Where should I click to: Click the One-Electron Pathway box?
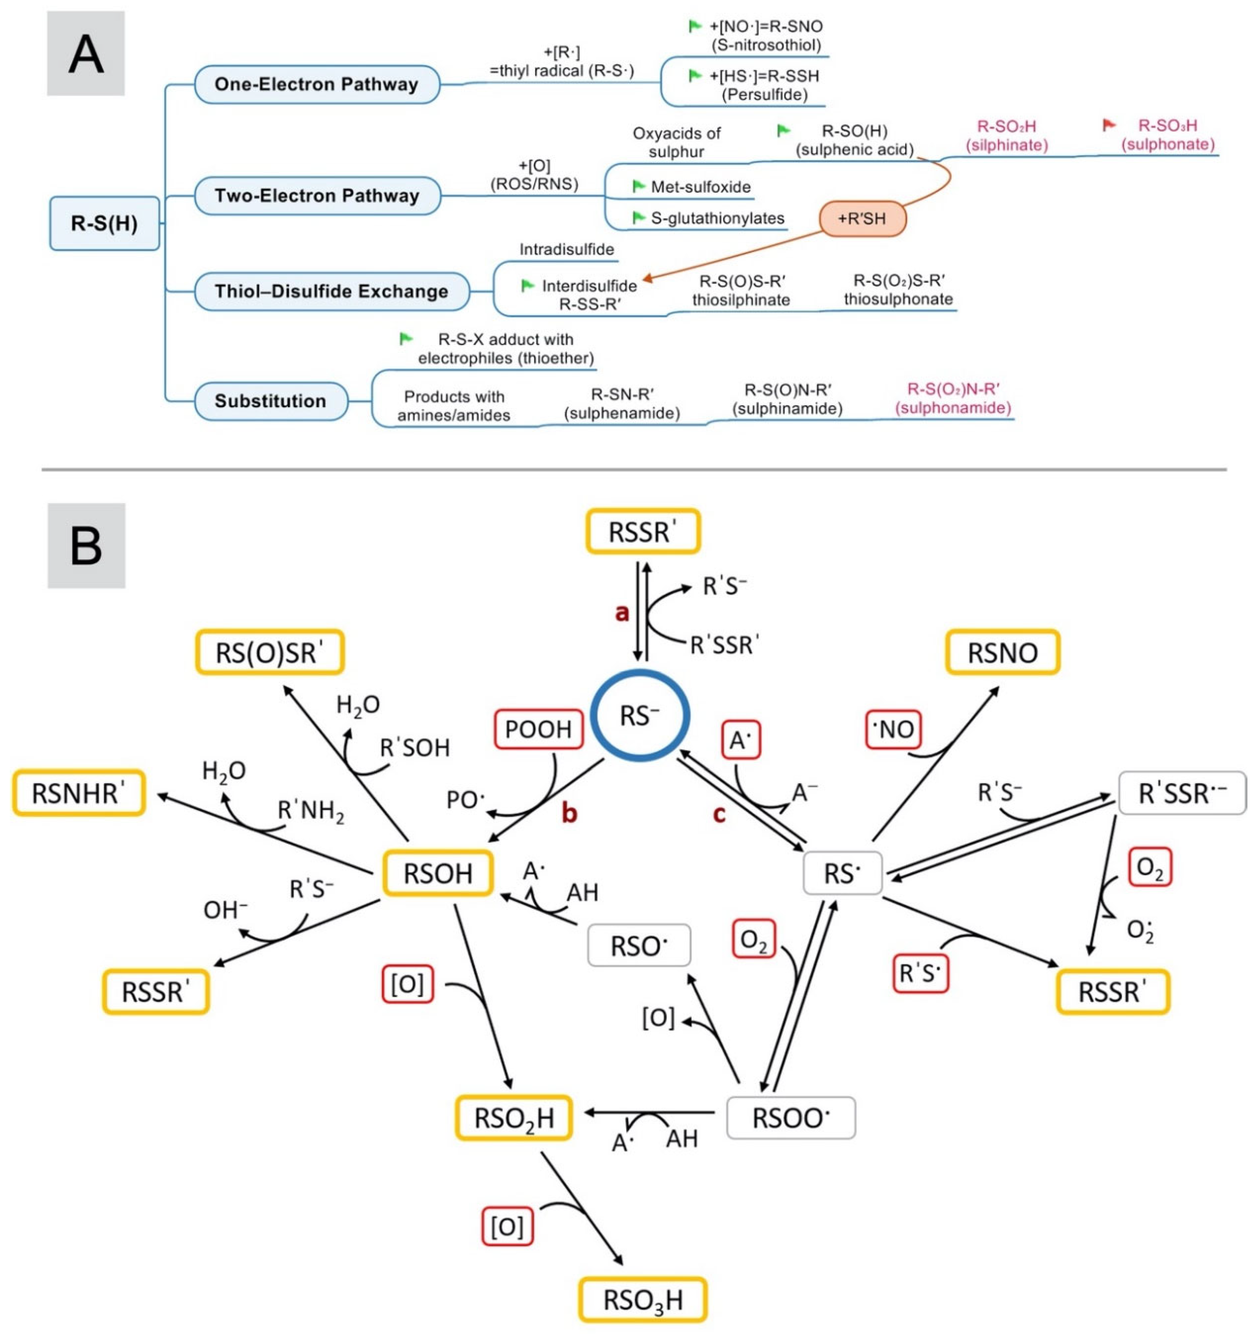317,85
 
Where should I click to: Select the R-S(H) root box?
105,223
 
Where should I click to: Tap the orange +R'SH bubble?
862,219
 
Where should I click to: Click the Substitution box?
271,401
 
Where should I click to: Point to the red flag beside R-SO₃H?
1109,125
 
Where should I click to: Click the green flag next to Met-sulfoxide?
639,186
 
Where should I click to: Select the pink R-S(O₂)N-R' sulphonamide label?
953,399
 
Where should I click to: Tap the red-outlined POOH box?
538,729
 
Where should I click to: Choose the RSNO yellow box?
1002,652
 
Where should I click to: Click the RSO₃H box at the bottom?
643,1300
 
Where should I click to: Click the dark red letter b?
569,813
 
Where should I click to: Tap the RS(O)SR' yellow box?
270,652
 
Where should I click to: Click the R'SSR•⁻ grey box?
1182,793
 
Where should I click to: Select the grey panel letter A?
86,54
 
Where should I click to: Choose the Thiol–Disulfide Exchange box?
331,292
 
